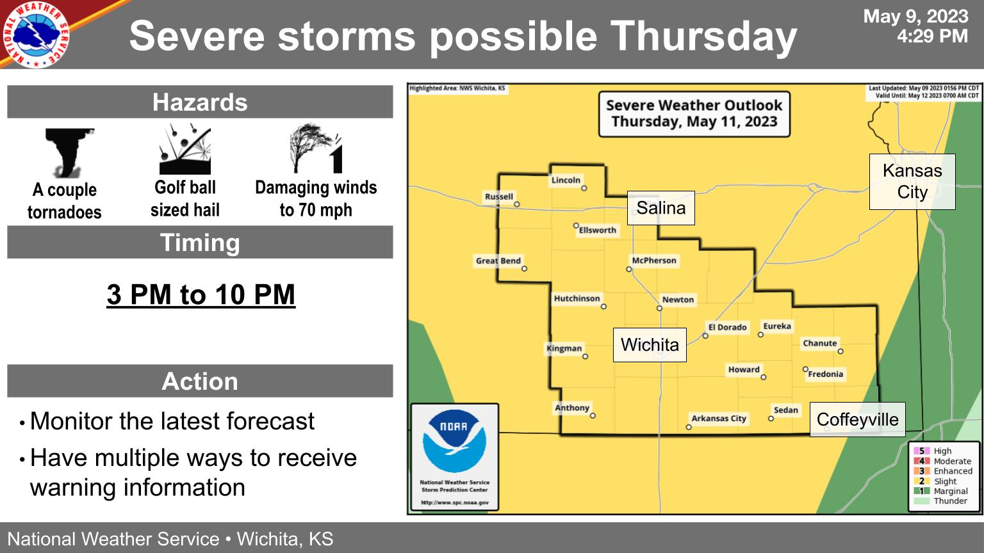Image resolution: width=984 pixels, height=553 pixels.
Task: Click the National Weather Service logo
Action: click(x=36, y=35)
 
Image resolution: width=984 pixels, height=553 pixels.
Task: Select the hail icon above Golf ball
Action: click(x=185, y=149)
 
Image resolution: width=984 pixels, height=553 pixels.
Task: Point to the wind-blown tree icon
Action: click(x=316, y=148)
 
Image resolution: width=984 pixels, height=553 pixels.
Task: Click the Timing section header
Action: click(x=200, y=243)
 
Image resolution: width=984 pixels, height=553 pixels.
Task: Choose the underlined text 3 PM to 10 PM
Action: click(x=201, y=294)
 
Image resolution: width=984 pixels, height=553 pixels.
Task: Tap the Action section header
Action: click(x=200, y=381)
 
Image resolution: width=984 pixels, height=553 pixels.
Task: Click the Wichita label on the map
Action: click(x=650, y=345)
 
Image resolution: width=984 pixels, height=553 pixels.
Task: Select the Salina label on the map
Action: click(x=660, y=208)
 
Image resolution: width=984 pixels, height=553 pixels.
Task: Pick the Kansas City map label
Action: click(x=912, y=181)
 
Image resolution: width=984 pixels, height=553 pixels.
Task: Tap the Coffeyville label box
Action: click(x=858, y=420)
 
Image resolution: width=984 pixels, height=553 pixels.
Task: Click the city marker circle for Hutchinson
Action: click(x=603, y=307)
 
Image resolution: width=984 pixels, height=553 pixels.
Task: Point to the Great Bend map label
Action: click(x=498, y=260)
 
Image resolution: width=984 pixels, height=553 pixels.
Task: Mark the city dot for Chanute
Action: click(x=840, y=351)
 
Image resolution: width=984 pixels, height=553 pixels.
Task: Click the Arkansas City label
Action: click(x=719, y=418)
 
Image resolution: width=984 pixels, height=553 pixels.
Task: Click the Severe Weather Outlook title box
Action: click(x=694, y=114)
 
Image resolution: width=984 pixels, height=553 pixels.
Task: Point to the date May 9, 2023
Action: click(x=916, y=17)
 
